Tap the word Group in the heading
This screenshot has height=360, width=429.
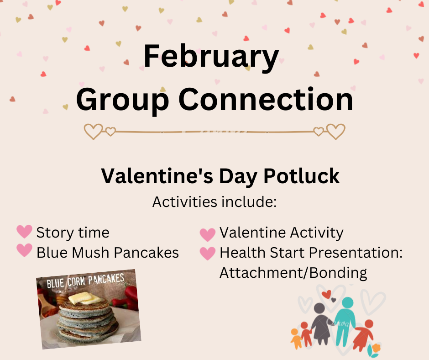point(122,101)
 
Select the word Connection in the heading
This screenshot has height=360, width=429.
point(266,99)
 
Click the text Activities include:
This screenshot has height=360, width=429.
point(214,202)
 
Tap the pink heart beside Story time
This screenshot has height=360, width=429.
point(24,232)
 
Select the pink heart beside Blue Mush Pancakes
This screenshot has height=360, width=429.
point(24,250)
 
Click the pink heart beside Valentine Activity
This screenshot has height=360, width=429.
point(207,235)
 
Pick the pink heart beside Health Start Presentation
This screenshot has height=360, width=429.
point(207,254)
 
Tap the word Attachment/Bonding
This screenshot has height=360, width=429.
point(293,273)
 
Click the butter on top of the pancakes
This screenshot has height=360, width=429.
point(84,298)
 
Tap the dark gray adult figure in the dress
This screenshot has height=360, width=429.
point(321,323)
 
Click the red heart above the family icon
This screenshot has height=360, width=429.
point(326,295)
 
